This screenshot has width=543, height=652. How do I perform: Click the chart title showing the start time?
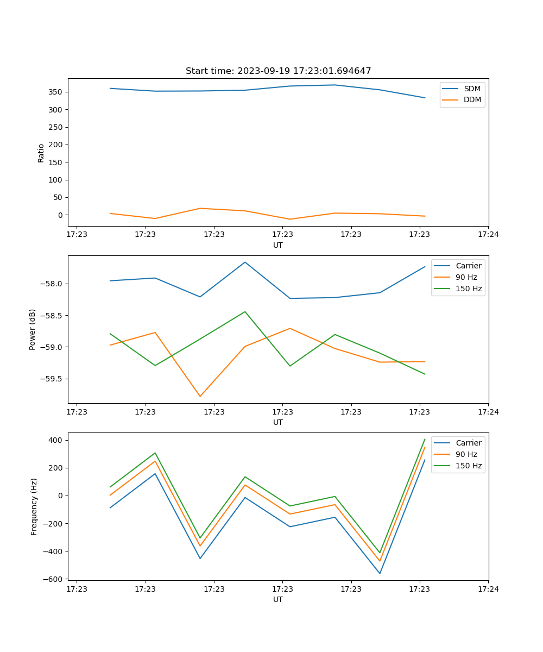pyautogui.click(x=278, y=71)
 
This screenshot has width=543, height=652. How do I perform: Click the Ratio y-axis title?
pyautogui.click(x=41, y=153)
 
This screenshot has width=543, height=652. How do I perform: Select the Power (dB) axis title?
pyautogui.click(x=33, y=329)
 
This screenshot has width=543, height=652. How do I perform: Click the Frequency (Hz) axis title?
pyautogui.click(x=34, y=506)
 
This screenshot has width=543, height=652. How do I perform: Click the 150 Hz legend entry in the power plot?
pyautogui.click(x=468, y=289)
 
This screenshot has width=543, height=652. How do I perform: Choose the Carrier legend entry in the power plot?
pyautogui.click(x=468, y=266)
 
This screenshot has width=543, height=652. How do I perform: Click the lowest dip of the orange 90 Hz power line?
pyautogui.click(x=200, y=396)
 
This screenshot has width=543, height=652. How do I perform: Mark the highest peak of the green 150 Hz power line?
pyautogui.click(x=245, y=312)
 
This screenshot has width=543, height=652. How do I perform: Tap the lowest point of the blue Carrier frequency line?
pyautogui.click(x=380, y=573)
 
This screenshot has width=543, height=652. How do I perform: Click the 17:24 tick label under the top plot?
pyautogui.click(x=488, y=235)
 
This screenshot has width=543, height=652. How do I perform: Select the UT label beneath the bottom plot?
pyautogui.click(x=278, y=600)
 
